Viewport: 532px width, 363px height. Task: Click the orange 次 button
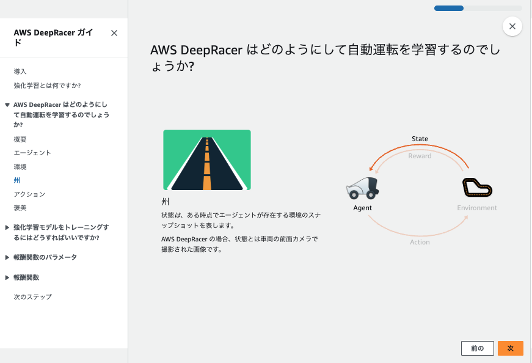510,348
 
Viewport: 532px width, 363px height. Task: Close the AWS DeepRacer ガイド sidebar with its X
114,34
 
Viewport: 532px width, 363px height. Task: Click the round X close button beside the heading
512,26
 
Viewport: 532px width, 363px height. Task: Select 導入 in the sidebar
20,71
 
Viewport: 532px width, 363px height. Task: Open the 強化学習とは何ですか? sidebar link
47,85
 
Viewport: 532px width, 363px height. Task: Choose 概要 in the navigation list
20,139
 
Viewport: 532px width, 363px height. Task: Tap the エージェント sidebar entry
32,153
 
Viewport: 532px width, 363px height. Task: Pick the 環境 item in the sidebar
20,167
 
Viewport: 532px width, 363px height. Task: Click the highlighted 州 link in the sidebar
17,180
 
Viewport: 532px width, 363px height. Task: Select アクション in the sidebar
29,194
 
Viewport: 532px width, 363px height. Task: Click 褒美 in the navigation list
20,208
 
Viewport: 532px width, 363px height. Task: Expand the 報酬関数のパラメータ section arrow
7,257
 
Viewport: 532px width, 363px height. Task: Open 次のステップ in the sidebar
32,297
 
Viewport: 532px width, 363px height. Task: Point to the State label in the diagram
420,139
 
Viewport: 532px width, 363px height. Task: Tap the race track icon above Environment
477,188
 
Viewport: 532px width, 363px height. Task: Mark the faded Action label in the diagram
420,242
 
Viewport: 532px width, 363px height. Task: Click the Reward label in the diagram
420,156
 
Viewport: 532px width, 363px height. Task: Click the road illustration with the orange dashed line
207,159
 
